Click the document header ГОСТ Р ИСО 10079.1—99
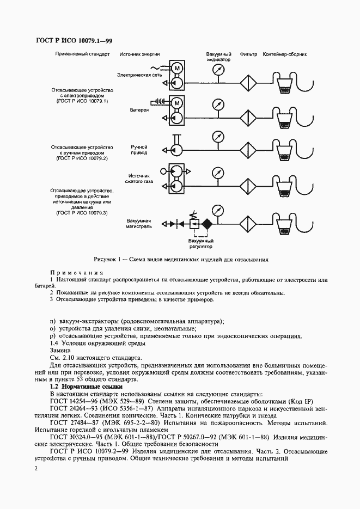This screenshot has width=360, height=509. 74,41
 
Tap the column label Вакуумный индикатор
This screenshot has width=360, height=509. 218,57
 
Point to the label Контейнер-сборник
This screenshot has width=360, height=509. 285,54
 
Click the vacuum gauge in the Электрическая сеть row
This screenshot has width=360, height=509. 219,69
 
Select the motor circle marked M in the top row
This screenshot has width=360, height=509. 176,69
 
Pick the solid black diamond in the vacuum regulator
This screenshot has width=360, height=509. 207,224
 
